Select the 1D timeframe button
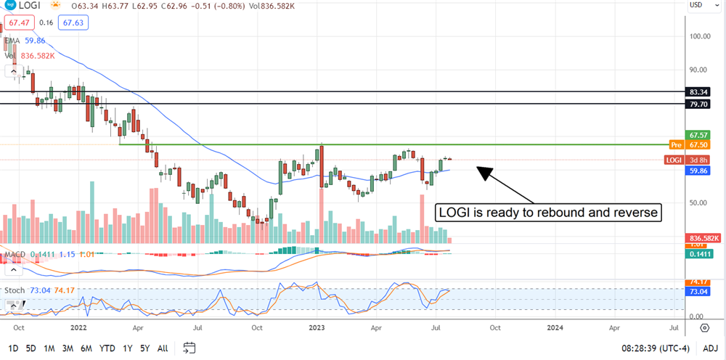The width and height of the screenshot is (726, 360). coord(14,348)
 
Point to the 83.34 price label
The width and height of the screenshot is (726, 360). coord(700,92)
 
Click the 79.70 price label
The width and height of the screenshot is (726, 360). coord(700,104)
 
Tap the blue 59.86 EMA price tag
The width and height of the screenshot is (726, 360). coord(700,171)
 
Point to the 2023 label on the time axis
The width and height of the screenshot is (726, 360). coord(318,328)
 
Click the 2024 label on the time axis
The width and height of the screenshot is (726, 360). coord(555,328)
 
